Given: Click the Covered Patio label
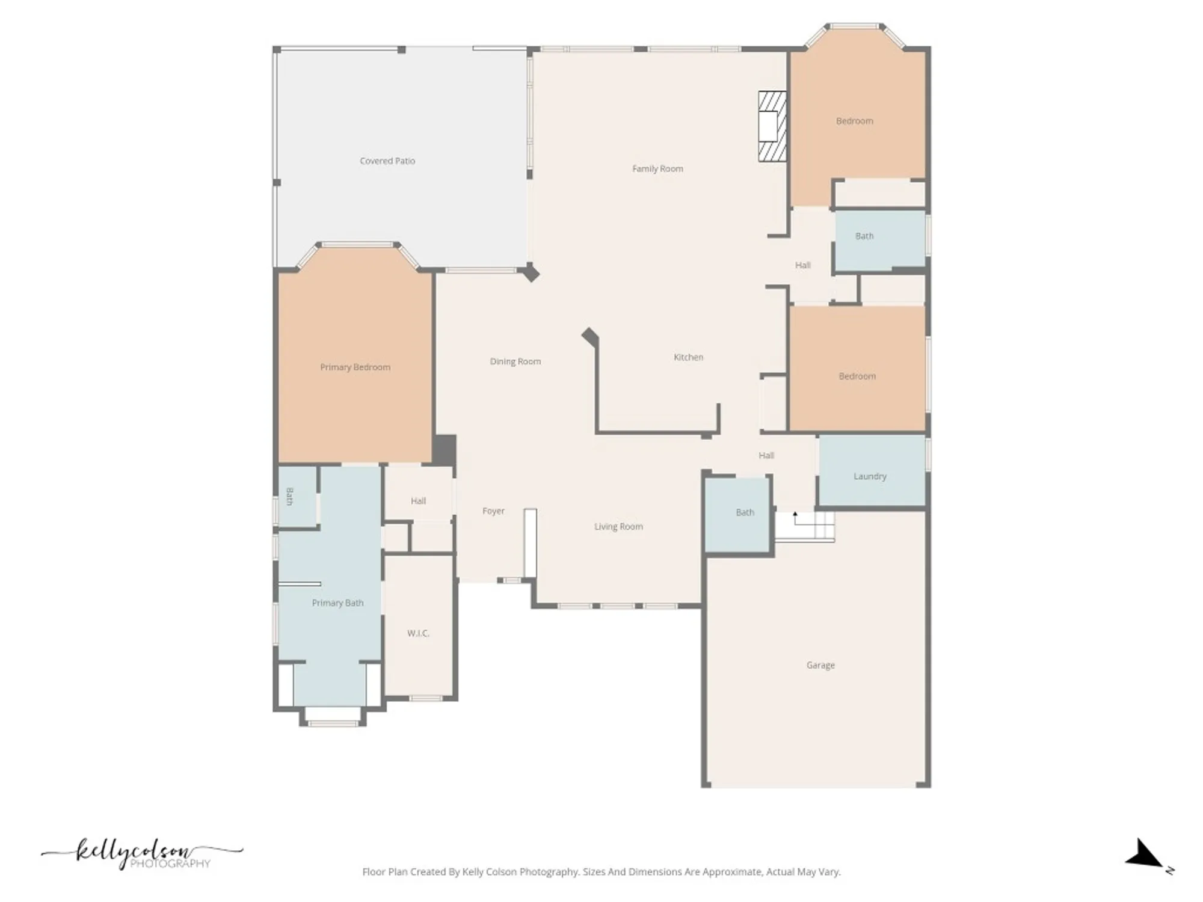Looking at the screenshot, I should [387, 161].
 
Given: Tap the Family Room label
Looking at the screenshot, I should [657, 169].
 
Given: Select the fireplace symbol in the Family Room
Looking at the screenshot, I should [772, 126].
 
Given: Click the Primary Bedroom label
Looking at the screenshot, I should [355, 367].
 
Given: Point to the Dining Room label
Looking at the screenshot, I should [515, 361].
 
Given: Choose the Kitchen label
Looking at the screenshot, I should [688, 357].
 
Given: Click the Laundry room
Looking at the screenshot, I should [870, 476].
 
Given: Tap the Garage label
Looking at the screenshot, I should [820, 665].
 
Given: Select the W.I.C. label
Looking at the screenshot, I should [418, 633].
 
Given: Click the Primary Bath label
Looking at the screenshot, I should [337, 603].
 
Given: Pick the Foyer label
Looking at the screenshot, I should [493, 511].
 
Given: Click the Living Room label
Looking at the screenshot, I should [618, 527].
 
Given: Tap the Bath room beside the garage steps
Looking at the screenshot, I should [745, 512].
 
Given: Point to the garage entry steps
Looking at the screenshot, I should [805, 526].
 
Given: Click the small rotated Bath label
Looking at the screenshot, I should [290, 497].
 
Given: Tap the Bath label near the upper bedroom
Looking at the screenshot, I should [864, 236].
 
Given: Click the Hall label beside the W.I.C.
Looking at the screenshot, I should [418, 501].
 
